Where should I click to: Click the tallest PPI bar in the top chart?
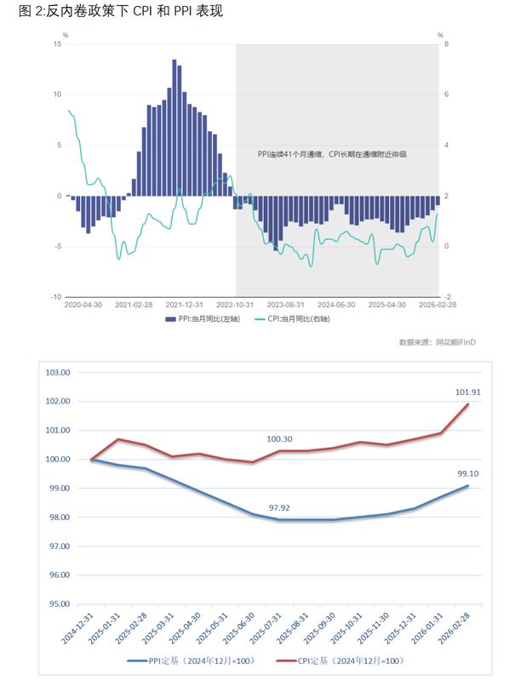pos(175,128)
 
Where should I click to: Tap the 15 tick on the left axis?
pos(57,44)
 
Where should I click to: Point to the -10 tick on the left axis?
pos(55,297)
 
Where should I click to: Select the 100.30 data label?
pos(279,438)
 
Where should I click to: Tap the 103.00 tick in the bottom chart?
pos(56,373)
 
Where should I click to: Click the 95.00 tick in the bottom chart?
pos(56,604)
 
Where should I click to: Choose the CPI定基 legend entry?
pos(341,660)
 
